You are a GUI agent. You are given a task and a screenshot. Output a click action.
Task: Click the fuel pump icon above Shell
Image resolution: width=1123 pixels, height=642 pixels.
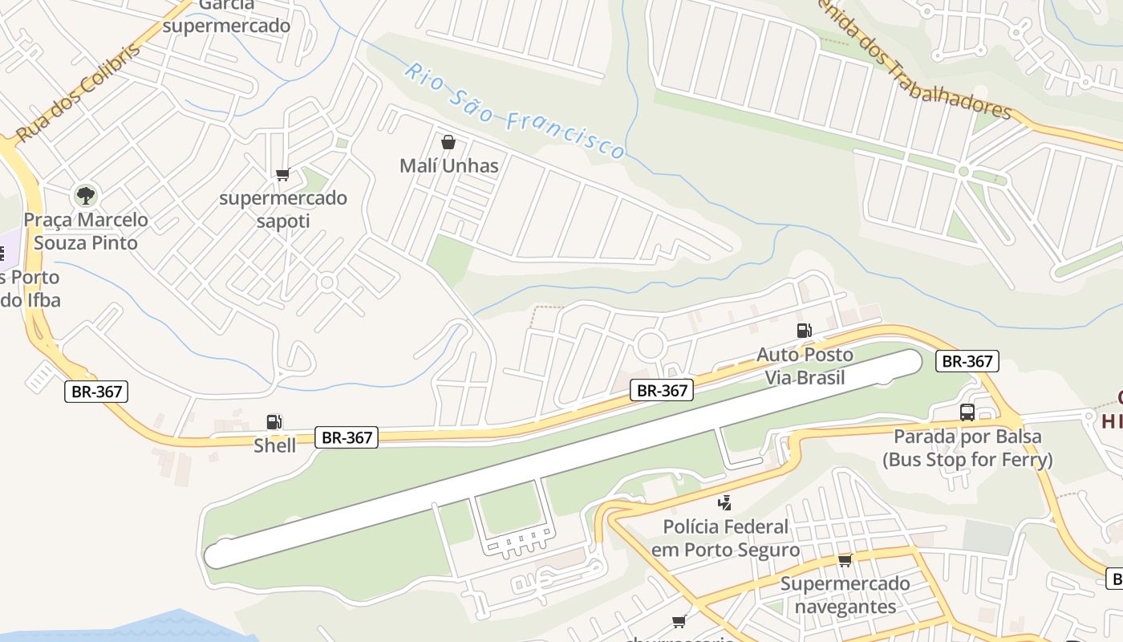[x=274, y=422]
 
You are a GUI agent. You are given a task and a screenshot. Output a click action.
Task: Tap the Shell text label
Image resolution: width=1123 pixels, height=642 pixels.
[x=275, y=445]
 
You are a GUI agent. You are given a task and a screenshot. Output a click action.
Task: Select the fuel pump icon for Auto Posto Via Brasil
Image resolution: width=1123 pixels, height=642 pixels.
[x=804, y=331]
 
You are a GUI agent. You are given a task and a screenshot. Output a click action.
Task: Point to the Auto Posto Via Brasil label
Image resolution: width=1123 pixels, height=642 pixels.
[x=805, y=366]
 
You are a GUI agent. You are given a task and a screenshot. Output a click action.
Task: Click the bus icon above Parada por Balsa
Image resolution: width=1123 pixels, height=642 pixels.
[x=967, y=412]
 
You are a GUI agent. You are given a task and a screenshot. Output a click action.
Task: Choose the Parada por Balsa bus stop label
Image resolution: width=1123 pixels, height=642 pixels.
[x=967, y=449]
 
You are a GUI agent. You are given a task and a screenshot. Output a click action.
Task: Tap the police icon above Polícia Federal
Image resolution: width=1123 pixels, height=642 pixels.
[x=725, y=503]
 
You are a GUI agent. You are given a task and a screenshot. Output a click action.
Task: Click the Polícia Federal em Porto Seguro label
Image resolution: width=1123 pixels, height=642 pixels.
[x=725, y=538]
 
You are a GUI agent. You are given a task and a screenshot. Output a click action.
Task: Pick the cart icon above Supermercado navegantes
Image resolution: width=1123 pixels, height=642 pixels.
[x=845, y=560]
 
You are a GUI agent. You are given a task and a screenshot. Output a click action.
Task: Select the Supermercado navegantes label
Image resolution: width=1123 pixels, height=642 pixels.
[x=845, y=595]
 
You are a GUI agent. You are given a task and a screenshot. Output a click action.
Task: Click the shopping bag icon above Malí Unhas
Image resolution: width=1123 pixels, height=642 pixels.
[x=448, y=143]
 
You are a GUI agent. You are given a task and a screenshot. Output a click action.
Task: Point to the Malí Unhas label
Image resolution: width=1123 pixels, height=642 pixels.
[x=449, y=166]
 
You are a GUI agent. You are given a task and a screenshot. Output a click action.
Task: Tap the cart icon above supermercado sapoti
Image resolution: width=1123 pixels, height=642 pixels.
[x=282, y=175]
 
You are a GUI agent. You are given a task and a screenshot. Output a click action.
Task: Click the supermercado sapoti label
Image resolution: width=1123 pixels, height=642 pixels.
[x=283, y=209]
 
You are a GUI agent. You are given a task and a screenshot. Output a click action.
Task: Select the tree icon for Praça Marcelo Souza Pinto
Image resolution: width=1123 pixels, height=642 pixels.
[x=85, y=195]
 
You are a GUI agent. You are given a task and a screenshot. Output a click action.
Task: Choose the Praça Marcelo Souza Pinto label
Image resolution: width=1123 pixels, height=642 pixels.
[x=86, y=231]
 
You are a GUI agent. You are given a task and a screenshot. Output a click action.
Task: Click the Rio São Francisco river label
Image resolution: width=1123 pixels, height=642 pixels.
[x=514, y=111]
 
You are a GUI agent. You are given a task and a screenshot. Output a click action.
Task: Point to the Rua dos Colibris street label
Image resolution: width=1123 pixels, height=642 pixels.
[x=79, y=93]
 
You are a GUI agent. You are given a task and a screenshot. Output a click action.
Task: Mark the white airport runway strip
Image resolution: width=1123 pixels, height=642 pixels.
[x=561, y=459]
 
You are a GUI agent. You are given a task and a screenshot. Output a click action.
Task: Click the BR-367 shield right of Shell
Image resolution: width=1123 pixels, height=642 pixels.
[x=346, y=437]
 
